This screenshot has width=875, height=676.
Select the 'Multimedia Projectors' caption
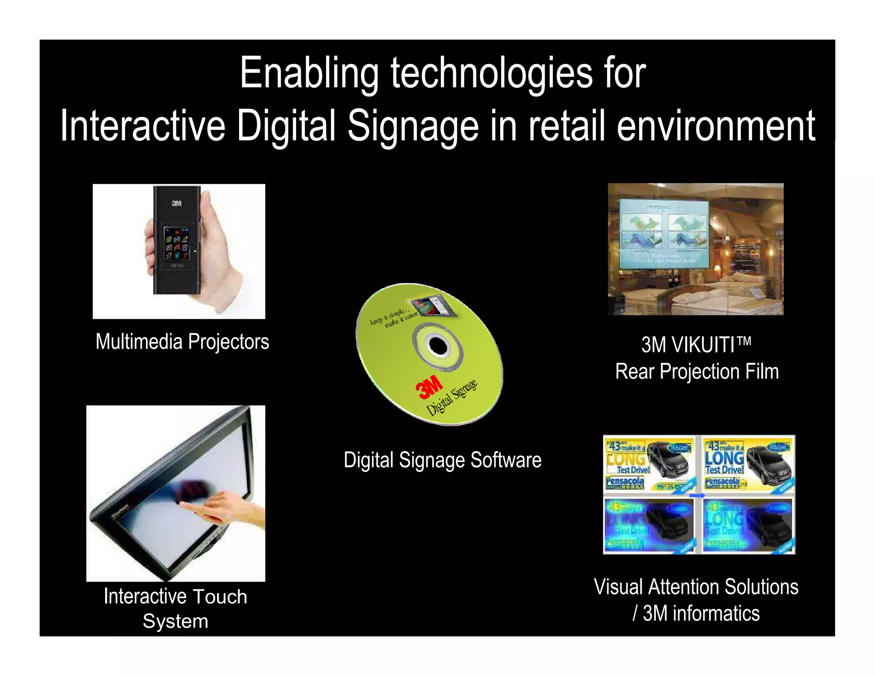tap(182, 342)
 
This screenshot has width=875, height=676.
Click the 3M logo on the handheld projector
tap(177, 203)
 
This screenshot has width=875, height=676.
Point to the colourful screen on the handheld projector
tap(177, 244)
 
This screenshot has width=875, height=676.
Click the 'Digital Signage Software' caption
tap(443, 460)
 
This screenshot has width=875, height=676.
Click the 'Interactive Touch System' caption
tap(176, 608)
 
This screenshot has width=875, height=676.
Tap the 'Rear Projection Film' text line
tap(697, 371)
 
